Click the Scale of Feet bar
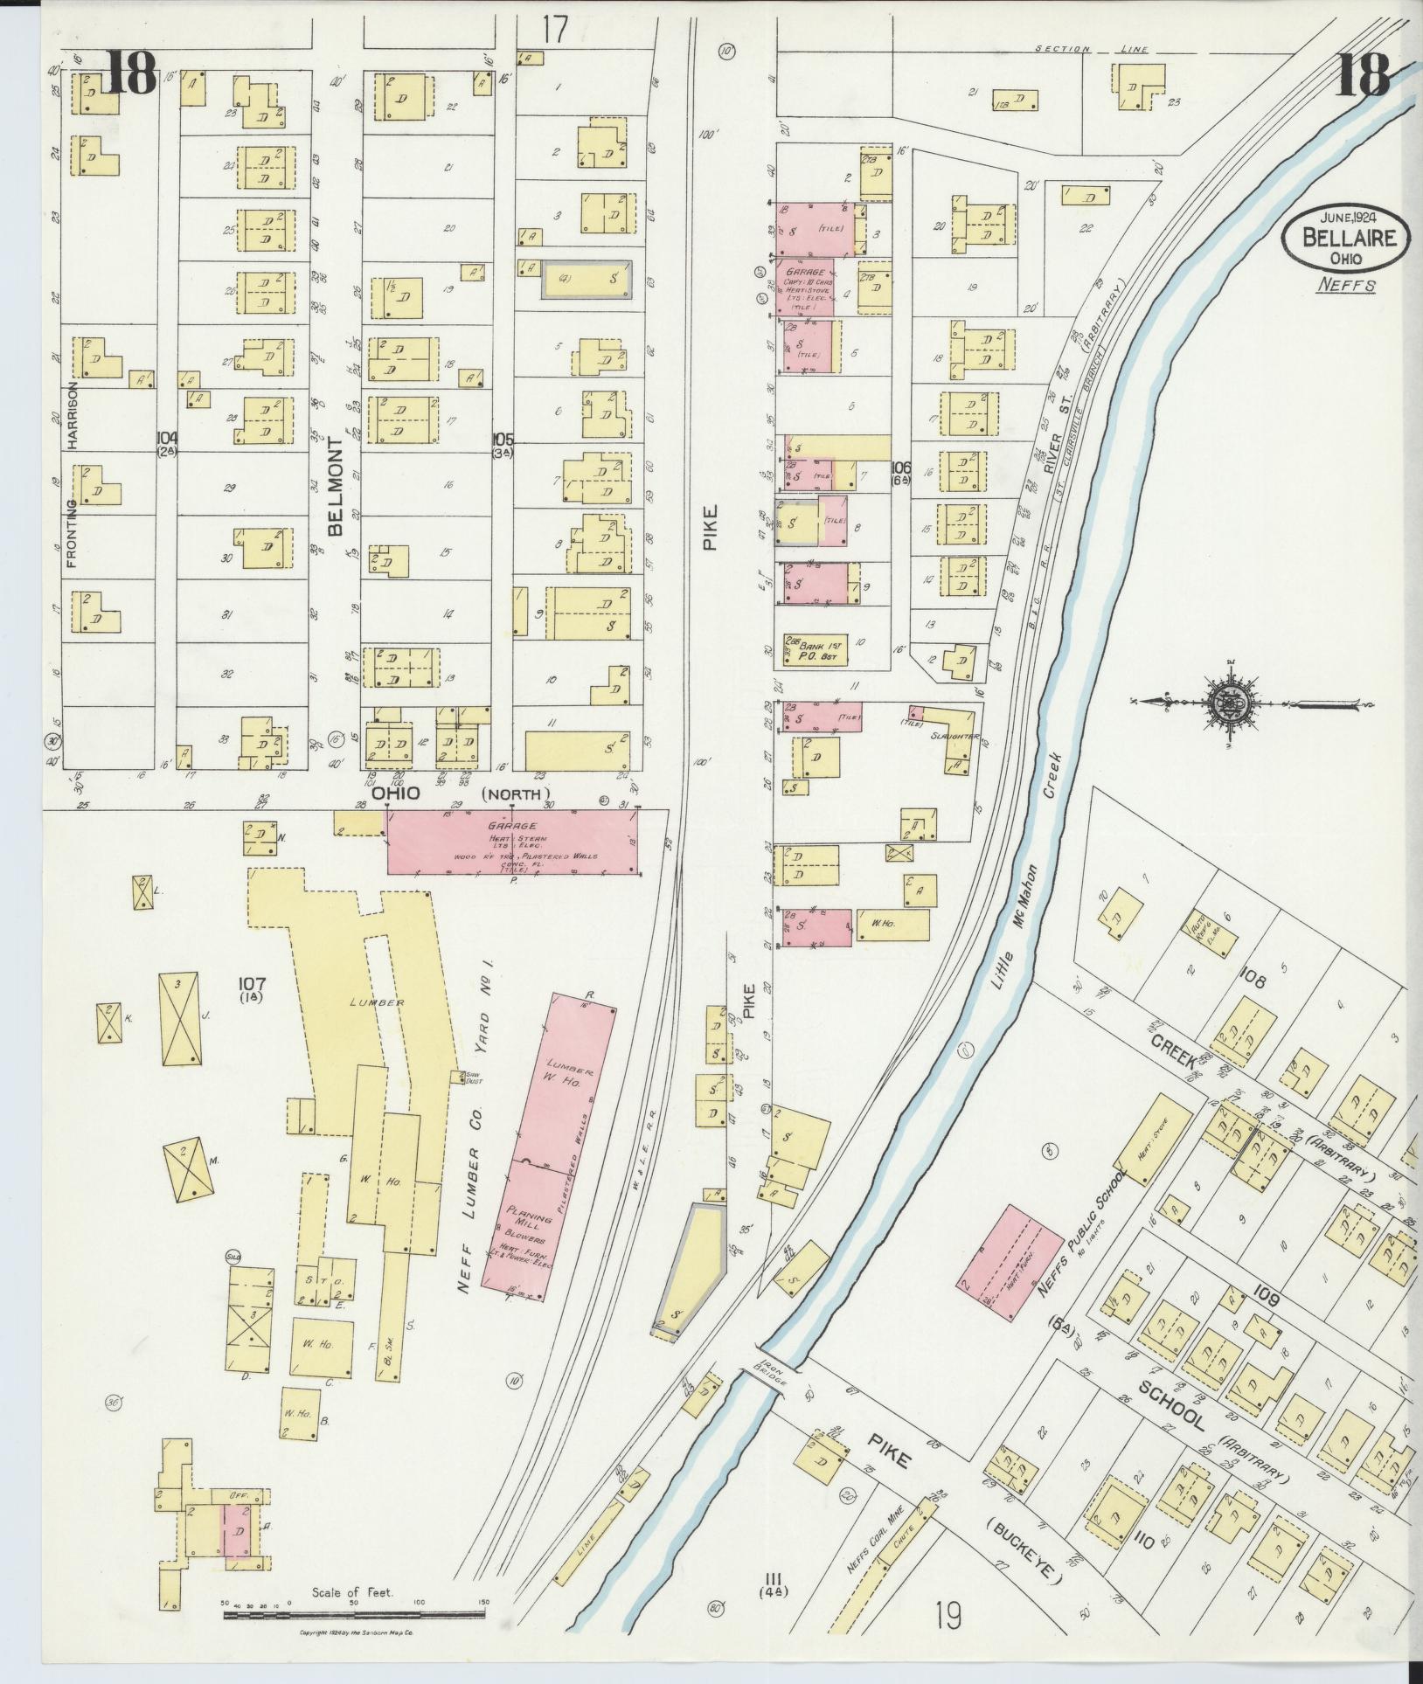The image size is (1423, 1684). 354,1615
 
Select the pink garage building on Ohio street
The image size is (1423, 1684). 513,841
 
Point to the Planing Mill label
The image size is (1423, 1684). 530,1219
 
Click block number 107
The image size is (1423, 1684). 253,985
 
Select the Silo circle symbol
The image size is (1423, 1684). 233,1256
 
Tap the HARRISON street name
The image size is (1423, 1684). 73,417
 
